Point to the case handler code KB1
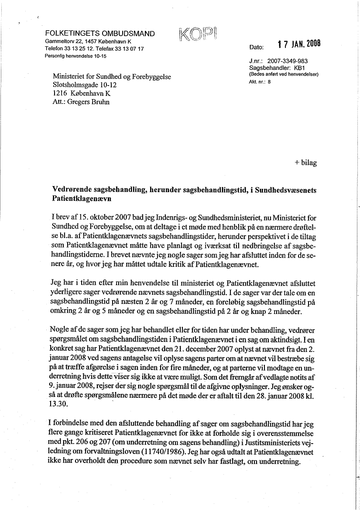tap(299, 69)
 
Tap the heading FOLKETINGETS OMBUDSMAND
tap(100, 34)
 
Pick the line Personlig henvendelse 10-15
tap(76, 56)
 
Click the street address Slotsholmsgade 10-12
tap(85, 85)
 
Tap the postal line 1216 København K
tap(81, 93)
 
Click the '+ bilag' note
tap(305, 162)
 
